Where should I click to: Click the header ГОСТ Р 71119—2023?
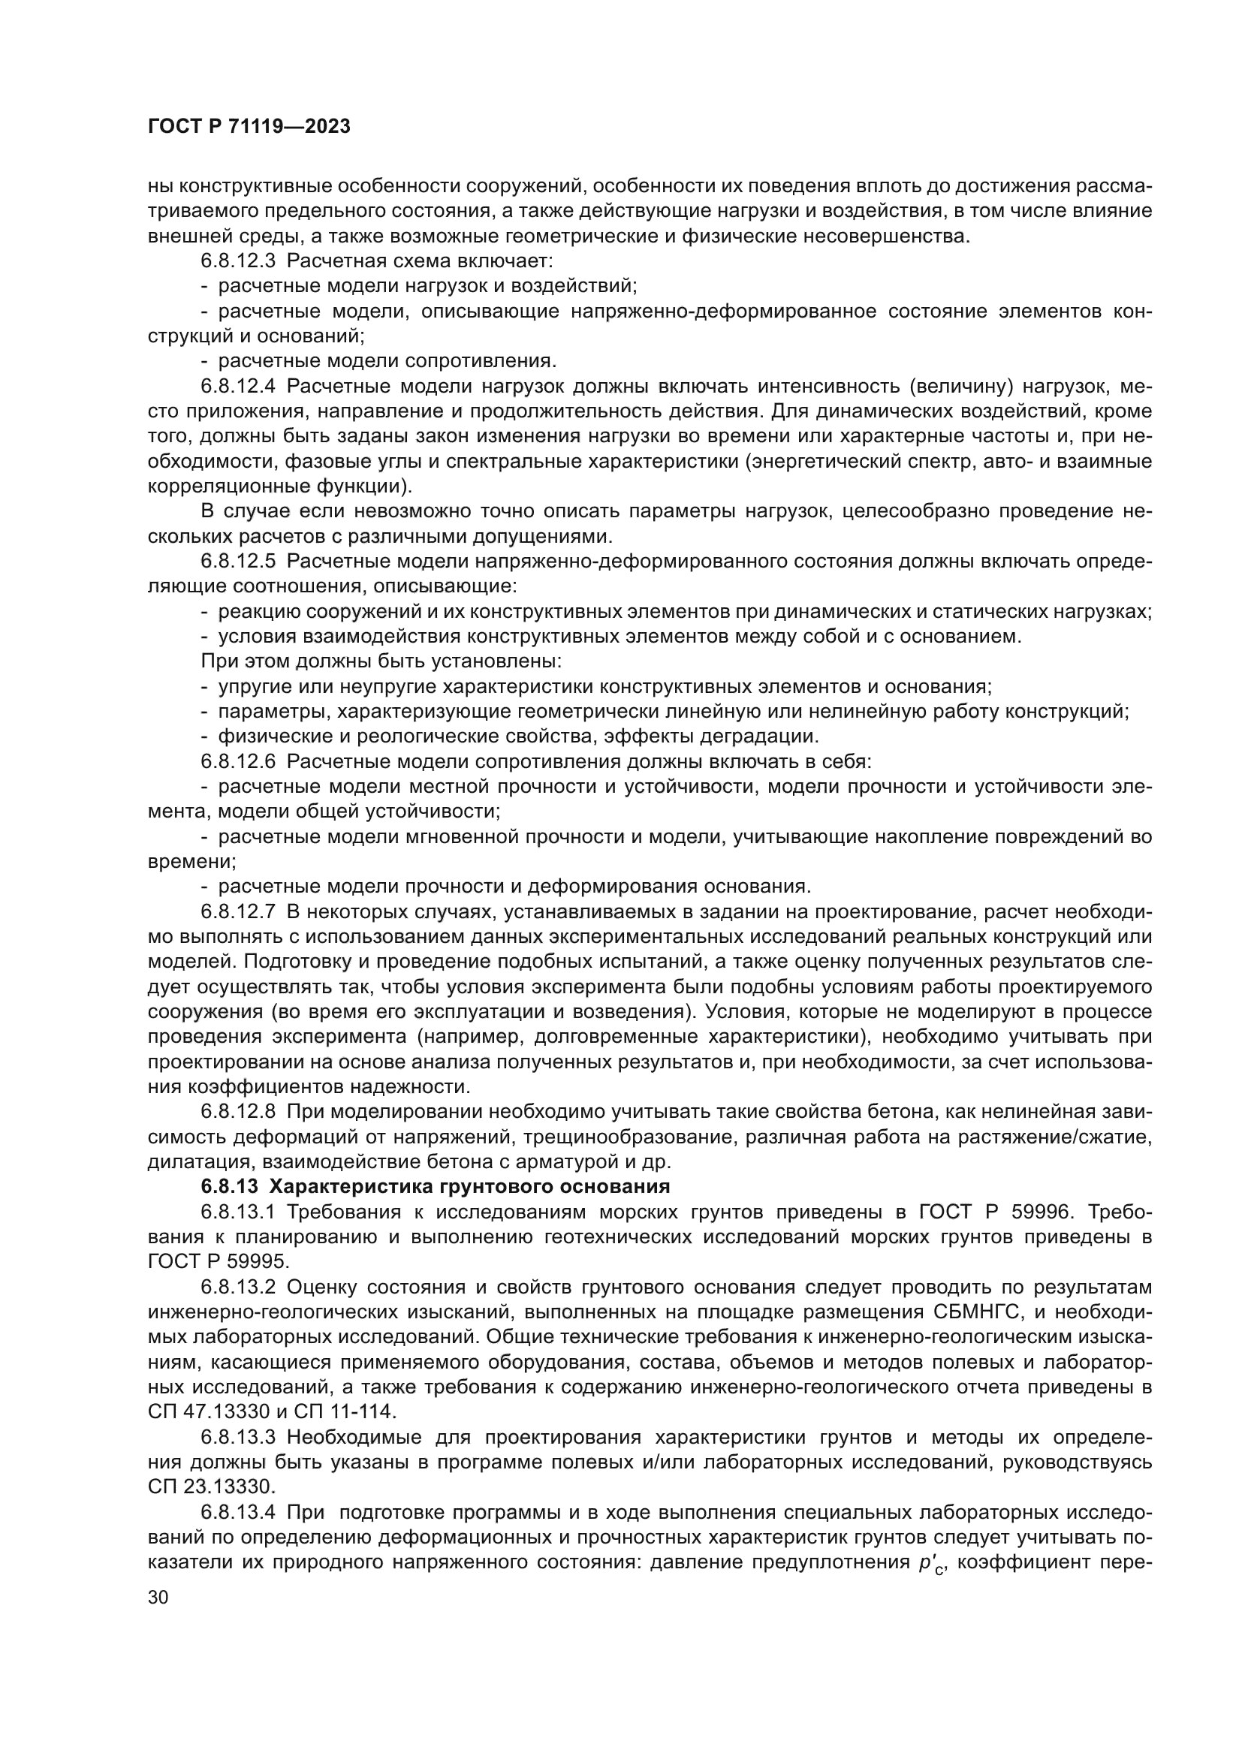(249, 127)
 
